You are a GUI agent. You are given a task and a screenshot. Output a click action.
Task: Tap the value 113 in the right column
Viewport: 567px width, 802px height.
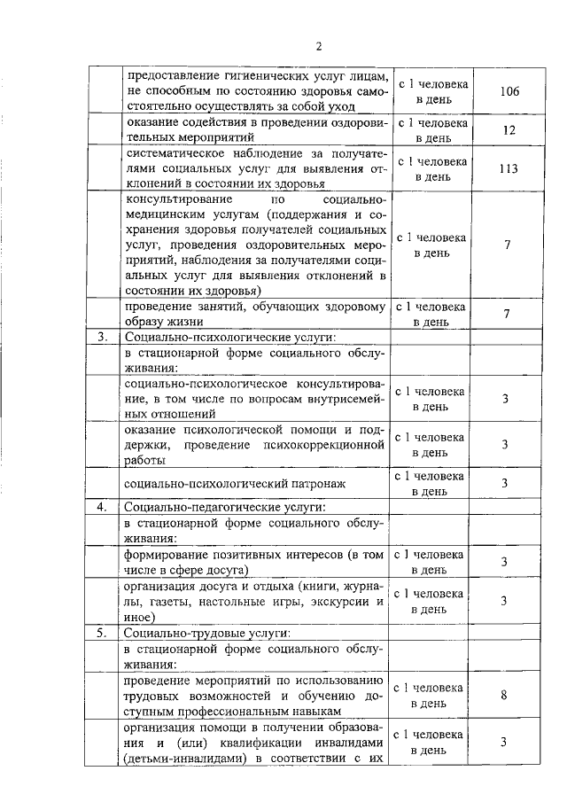tap(508, 169)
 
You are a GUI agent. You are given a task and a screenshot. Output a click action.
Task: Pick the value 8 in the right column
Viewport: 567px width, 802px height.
tap(504, 696)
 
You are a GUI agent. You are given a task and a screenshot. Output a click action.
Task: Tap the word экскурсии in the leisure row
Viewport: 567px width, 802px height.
tap(340, 602)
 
